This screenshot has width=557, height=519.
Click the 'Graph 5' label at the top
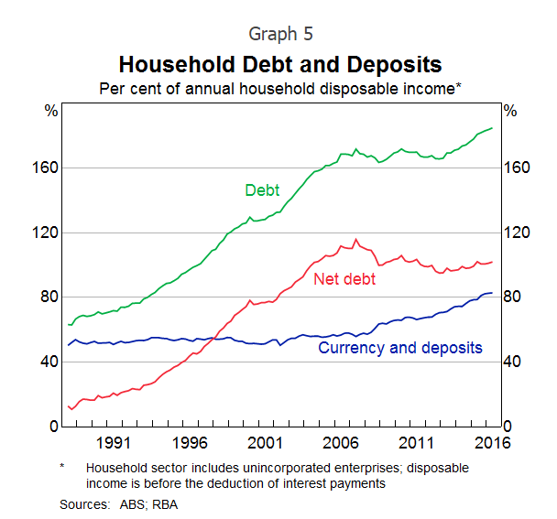point(280,34)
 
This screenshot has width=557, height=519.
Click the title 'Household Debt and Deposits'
point(280,65)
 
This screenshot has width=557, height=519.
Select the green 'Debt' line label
point(262,190)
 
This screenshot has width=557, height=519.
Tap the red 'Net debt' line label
point(344,279)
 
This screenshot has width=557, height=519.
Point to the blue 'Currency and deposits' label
point(399,348)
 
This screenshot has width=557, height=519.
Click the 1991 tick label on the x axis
point(112,443)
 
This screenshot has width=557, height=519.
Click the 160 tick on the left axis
point(49,168)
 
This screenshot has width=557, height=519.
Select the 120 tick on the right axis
point(515,232)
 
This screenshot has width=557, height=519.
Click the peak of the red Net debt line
point(355,240)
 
